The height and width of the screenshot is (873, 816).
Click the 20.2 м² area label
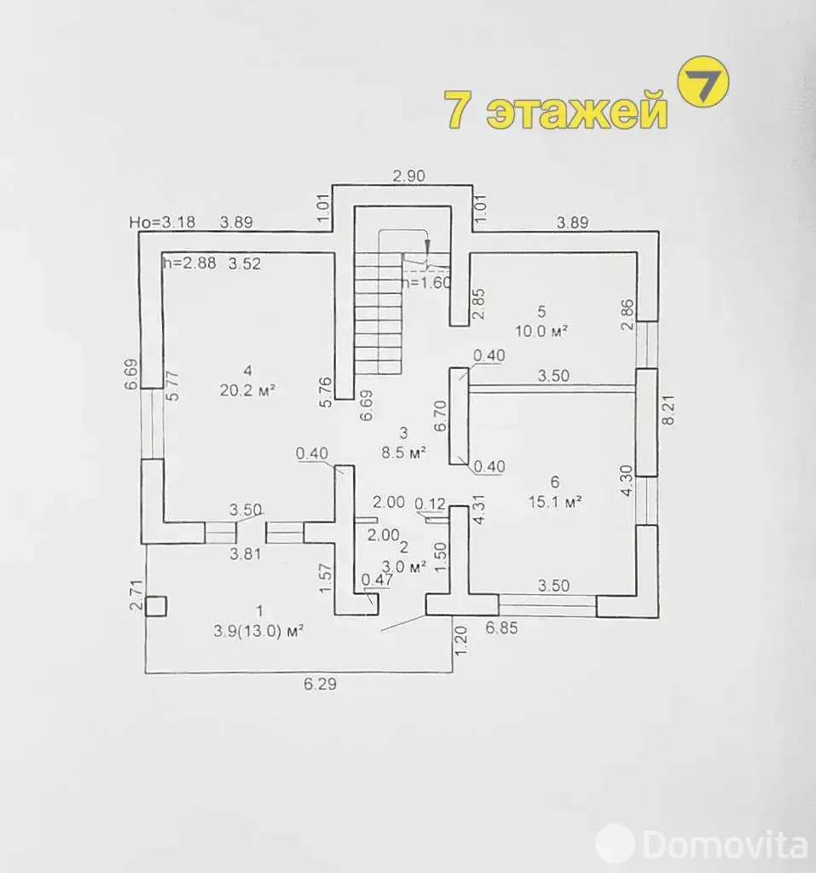[247, 390]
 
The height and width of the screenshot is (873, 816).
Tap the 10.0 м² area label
[541, 332]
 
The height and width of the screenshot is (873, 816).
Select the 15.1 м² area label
[555, 501]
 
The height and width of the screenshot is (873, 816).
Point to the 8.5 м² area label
[403, 452]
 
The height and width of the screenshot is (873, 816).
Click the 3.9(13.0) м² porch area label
[258, 631]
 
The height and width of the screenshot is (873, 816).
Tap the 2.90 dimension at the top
[408, 176]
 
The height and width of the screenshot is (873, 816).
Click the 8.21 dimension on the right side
[668, 410]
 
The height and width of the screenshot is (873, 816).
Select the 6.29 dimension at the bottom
[321, 684]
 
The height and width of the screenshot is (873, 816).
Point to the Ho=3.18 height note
[162, 223]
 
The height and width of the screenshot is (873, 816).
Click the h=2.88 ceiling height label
[189, 263]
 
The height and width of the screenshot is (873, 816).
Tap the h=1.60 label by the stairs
[426, 282]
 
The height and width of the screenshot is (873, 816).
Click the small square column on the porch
[156, 606]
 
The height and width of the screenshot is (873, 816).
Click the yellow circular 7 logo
[703, 81]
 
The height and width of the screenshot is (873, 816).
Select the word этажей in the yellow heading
[577, 110]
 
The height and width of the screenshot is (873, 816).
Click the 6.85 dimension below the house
[501, 628]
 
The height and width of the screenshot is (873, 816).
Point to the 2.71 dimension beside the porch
[136, 595]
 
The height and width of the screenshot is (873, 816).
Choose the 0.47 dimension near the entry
[377, 580]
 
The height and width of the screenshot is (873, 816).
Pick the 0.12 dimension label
[430, 504]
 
